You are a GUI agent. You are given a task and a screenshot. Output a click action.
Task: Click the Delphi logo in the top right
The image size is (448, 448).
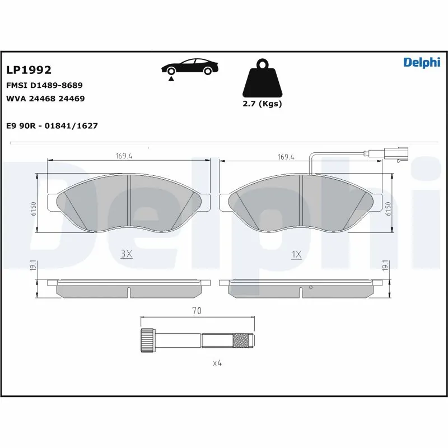pos(422,62)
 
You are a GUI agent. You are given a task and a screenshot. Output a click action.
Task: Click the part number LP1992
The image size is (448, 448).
pos(29,70)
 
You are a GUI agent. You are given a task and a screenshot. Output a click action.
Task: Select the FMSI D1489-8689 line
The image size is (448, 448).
pos(44,85)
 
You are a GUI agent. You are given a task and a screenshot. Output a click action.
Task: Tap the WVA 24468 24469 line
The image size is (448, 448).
pos(45,99)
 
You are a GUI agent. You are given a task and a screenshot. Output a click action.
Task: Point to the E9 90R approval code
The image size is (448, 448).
pos(52,126)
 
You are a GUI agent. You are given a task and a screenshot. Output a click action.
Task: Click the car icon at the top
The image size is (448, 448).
pos(190,67)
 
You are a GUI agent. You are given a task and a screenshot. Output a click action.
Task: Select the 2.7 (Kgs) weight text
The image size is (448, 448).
pos(262,104)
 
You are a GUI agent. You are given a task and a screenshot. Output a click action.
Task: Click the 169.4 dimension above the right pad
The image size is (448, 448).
pos(286,157)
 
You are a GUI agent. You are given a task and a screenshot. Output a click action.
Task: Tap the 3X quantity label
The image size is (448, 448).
pos(127,254)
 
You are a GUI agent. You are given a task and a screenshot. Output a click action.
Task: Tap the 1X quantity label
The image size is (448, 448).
pos(296,254)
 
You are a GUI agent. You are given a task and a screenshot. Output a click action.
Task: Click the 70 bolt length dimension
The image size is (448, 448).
pos(197,310)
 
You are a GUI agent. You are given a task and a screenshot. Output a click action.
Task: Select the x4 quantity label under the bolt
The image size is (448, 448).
pos(217,363)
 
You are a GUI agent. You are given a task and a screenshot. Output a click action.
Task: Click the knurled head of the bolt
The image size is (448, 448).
pos(147,339)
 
